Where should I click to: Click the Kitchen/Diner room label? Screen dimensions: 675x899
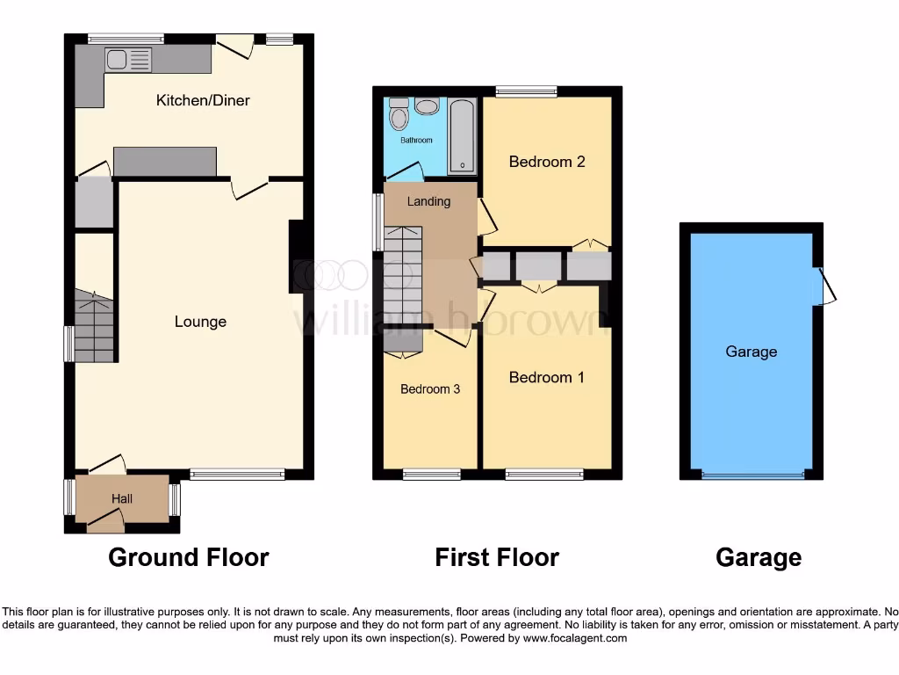pyautogui.click(x=203, y=100)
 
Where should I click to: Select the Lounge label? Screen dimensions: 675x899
pyautogui.click(x=200, y=322)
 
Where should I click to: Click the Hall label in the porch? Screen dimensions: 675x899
pyautogui.click(x=122, y=499)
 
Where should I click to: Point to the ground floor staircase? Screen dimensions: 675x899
pyautogui.click(x=95, y=328)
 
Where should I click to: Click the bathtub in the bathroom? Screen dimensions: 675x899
pyautogui.click(x=463, y=135)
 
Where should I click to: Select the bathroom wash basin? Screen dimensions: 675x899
pyautogui.click(x=428, y=106)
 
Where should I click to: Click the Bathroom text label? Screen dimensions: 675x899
pyautogui.click(x=416, y=141)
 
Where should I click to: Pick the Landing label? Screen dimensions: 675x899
pyautogui.click(x=428, y=201)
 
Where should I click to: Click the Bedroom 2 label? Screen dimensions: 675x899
pyautogui.click(x=547, y=162)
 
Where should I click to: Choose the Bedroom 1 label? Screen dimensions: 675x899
pyautogui.click(x=547, y=377)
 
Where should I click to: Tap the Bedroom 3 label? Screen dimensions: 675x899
pyautogui.click(x=430, y=389)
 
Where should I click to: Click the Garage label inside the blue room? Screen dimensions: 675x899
pyautogui.click(x=752, y=352)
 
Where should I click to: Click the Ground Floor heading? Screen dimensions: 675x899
pyautogui.click(x=188, y=557)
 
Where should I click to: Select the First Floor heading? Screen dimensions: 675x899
pyautogui.click(x=497, y=557)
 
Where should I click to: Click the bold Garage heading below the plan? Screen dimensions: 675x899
pyautogui.click(x=759, y=557)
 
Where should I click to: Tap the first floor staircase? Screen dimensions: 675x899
pyautogui.click(x=403, y=274)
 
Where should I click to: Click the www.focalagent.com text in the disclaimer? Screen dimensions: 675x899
pyautogui.click(x=574, y=638)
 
